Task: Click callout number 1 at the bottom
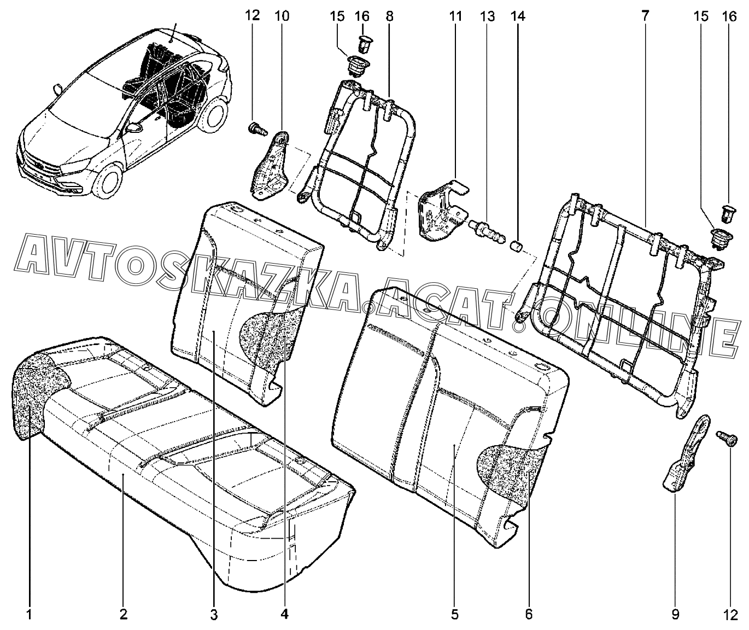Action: [x=29, y=615]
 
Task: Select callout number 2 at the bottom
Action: [x=124, y=615]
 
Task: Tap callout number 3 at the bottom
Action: [x=214, y=615]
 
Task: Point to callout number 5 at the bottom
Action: [x=454, y=615]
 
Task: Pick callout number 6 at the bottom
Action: [x=529, y=615]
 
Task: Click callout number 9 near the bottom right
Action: [x=675, y=615]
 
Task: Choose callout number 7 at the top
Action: [x=645, y=16]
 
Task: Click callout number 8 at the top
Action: [x=390, y=16]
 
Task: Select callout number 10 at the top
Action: [x=282, y=16]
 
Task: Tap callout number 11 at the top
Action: [x=455, y=16]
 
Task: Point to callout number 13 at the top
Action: [x=488, y=16]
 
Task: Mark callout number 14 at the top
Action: [x=518, y=16]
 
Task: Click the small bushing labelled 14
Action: [x=516, y=247]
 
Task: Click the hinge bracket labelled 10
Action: [x=271, y=165]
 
